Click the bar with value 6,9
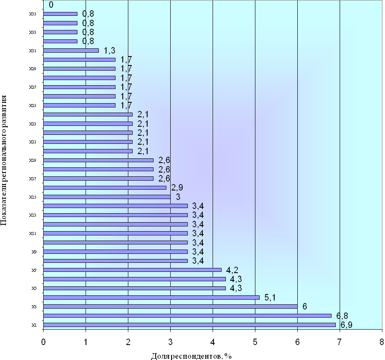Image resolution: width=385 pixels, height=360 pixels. pos(190,325)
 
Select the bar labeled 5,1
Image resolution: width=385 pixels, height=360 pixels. pos(151,297)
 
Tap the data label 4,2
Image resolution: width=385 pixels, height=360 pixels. pos(232,270)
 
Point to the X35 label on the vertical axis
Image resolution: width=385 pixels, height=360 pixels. pos(32,14)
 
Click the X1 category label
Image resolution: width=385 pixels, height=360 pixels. pos(33,325)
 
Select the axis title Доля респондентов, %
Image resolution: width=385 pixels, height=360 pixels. pos(191,356)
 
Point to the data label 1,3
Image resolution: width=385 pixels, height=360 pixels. pos(110,51)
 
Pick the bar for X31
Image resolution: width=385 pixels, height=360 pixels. pos(71,51)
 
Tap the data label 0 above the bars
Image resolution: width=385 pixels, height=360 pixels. pos(51,5)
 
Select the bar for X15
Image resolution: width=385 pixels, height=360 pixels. pos(107,197)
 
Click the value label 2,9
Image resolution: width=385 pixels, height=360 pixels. pos(177,187)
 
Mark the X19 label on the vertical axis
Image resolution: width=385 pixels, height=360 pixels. pos(32,161)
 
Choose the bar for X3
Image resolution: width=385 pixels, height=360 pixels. pos(170,306)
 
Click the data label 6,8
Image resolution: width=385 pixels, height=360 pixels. pos(342,316)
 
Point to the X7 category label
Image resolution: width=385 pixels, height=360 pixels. pos(33,270)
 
